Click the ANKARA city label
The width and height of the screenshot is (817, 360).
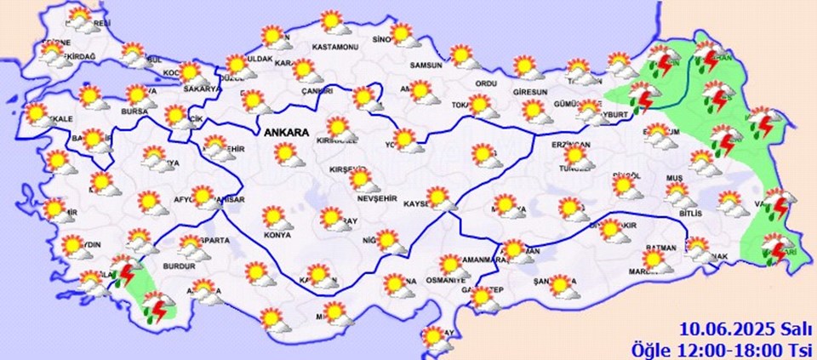pyautogui.click(x=286, y=133)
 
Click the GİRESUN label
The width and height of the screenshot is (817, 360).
pyautogui.click(x=529, y=90)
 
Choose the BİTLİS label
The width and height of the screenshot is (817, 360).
pyautogui.click(x=691, y=214)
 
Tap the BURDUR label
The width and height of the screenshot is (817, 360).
pyautogui.click(x=179, y=266)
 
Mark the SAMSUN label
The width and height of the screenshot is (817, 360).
pyautogui.click(x=426, y=66)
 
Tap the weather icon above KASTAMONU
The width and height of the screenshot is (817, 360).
pyautogui.click(x=333, y=22)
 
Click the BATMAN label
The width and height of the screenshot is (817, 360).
pyautogui.click(x=660, y=249)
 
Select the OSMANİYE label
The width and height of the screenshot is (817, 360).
pyautogui.click(x=445, y=280)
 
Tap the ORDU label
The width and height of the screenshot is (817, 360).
pyautogui.click(x=485, y=83)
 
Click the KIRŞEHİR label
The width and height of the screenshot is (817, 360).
pyautogui.click(x=349, y=171)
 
